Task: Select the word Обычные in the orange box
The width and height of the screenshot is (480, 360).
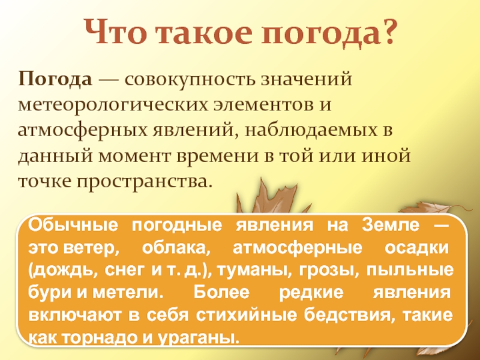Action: [x=65, y=227]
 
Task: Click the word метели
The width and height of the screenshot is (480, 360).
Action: [x=135, y=292]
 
